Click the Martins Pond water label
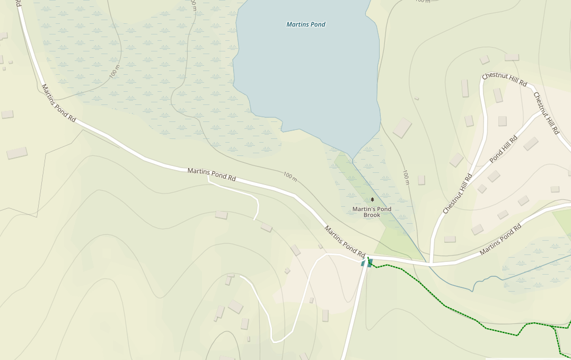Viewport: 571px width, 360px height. pos(306,24)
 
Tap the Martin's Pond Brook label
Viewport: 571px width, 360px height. pos(372,212)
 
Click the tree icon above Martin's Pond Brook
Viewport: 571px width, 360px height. pos(372,200)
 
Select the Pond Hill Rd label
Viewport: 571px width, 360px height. pos(504,149)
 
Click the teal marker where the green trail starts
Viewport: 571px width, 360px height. pos(367,262)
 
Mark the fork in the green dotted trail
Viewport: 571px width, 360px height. pos(554,326)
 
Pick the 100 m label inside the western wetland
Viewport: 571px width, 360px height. pos(115,72)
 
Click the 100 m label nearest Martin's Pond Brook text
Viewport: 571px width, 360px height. pos(406,178)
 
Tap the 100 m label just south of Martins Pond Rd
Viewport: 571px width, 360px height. pos(290,177)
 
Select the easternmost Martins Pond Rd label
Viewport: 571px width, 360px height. pos(500,240)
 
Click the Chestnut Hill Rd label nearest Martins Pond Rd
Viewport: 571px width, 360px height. pos(458,195)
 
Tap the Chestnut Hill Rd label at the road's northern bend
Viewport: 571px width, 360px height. pos(504,80)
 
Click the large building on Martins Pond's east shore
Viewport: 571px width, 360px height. pos(402,128)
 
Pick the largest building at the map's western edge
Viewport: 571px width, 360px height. pos(17,153)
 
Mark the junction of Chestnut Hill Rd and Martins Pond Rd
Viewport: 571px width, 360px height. pos(432,263)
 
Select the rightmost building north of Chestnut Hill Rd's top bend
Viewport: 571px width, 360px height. pos(512,57)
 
